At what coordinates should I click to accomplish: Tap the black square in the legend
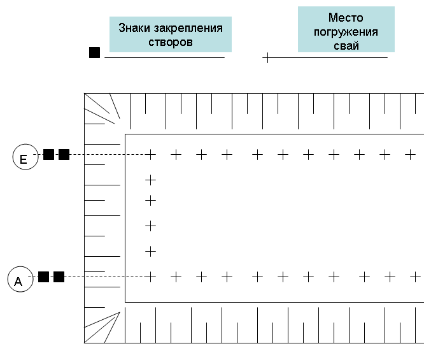pos(94,52)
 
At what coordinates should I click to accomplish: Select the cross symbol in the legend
pos(267,57)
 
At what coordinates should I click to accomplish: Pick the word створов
pos(171,42)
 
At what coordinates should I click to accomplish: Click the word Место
pos(346,18)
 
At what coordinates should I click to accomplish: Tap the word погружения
pos(346,32)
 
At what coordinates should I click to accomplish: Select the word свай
pos(346,45)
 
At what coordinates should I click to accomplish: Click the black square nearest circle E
pos(48,155)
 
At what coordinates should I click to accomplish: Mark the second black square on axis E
pos(64,155)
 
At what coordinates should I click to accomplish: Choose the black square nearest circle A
pos(43,277)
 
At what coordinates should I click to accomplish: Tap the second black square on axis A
pos(59,277)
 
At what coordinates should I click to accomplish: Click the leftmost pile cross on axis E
pos(151,155)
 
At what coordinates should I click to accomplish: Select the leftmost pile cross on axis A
pos(151,277)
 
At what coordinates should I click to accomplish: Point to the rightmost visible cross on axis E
pos(410,155)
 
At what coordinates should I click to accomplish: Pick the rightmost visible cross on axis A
pos(415,277)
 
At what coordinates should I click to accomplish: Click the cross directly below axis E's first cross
pos(151,180)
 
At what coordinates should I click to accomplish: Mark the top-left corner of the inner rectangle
pos(125,134)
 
